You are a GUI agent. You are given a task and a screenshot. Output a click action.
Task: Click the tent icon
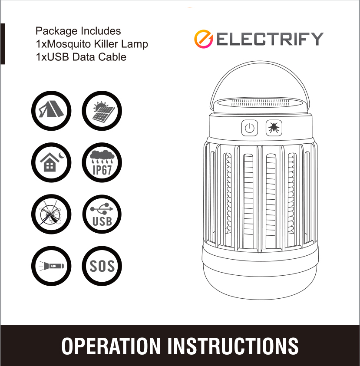51,111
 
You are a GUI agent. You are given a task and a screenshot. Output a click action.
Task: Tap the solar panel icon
102,111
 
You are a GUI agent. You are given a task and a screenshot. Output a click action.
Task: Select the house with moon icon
51,162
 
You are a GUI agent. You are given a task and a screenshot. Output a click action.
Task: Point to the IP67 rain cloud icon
102,162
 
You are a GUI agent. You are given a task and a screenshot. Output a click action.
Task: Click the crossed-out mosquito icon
51,214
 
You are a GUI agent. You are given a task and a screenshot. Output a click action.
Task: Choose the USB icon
102,214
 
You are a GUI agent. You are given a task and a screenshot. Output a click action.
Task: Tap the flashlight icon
51,266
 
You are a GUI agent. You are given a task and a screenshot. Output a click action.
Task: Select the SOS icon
102,266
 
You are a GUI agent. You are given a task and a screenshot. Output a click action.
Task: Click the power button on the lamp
250,128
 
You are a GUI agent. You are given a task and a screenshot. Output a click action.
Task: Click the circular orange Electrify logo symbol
203,39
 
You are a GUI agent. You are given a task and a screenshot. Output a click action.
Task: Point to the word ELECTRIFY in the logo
270,39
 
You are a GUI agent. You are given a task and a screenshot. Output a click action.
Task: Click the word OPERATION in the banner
111,346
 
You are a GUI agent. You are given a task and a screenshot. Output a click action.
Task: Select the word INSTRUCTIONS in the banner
233,346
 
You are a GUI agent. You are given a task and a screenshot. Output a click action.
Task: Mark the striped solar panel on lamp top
260,103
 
